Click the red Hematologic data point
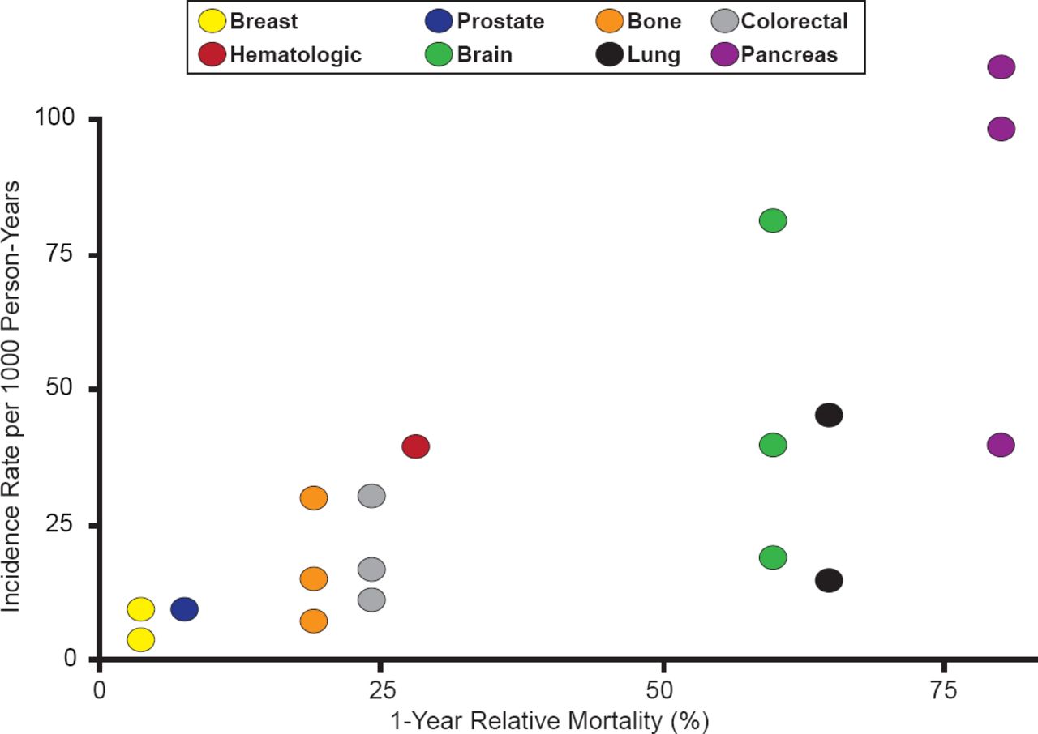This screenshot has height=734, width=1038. (415, 446)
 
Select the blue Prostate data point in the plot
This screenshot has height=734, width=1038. (185, 608)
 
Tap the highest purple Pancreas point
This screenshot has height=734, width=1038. (1002, 66)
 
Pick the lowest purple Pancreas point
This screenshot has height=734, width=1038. (1002, 445)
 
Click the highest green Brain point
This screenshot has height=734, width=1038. (773, 220)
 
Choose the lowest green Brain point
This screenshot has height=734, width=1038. (773, 557)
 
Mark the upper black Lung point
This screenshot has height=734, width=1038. (829, 415)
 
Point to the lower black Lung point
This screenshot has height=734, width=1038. (829, 580)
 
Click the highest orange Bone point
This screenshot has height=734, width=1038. (314, 497)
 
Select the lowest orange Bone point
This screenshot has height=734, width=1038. (314, 621)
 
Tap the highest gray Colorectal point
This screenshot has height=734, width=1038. (371, 495)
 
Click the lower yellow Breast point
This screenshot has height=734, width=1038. (141, 640)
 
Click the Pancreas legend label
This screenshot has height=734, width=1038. (789, 55)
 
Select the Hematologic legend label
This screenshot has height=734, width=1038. (296, 55)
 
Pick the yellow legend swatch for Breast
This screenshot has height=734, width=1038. (213, 21)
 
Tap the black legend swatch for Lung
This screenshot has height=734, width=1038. (610, 55)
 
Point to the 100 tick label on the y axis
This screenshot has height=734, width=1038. (56, 118)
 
